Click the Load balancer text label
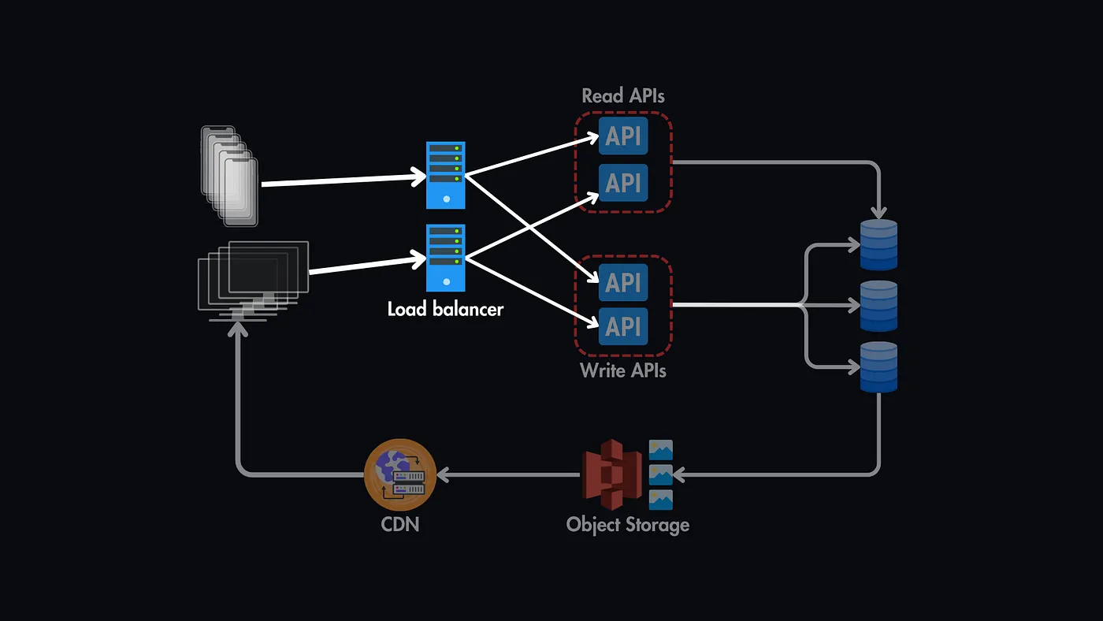pyautogui.click(x=445, y=309)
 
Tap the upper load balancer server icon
pyautogui.click(x=446, y=175)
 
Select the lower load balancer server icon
pyautogui.click(x=446, y=258)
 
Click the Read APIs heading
pyautogui.click(x=623, y=96)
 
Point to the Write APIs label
pyautogui.click(x=623, y=370)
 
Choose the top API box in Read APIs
pyautogui.click(x=623, y=136)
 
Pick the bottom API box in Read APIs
pyautogui.click(x=623, y=183)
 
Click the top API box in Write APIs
pyautogui.click(x=623, y=282)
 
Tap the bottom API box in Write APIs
pyautogui.click(x=623, y=325)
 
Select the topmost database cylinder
pyautogui.click(x=878, y=244)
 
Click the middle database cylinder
pyautogui.click(x=878, y=306)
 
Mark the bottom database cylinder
pyautogui.click(x=878, y=366)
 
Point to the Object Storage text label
pyautogui.click(x=628, y=525)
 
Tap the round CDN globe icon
pyautogui.click(x=400, y=474)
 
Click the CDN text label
pyautogui.click(x=400, y=523)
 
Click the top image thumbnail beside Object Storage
pyautogui.click(x=660, y=450)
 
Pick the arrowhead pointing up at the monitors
pyautogui.click(x=238, y=329)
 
